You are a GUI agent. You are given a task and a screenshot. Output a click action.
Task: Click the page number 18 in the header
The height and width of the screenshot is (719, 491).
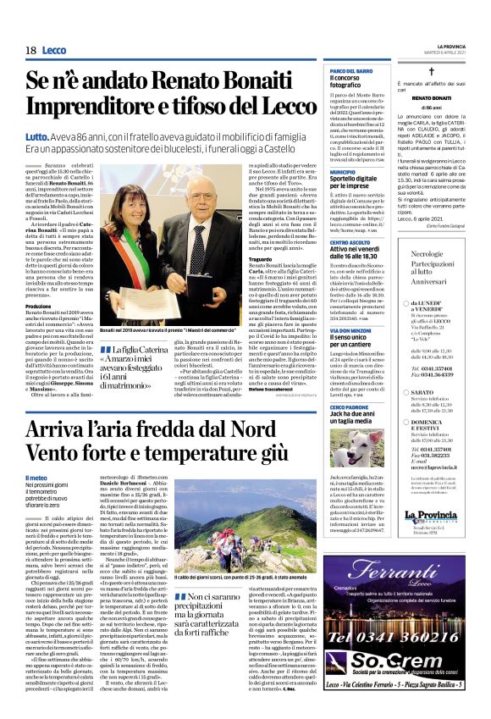(30, 52)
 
